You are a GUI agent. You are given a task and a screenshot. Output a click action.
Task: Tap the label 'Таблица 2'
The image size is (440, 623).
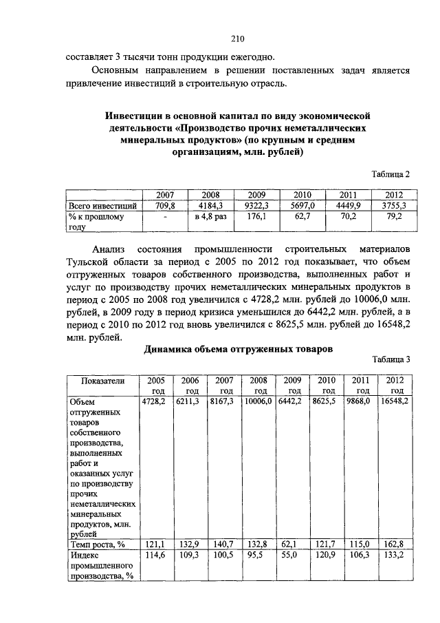point(390,174)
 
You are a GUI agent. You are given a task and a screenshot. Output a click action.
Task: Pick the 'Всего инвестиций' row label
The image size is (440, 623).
point(103,205)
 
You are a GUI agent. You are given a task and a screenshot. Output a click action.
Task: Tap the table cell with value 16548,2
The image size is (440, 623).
point(395,400)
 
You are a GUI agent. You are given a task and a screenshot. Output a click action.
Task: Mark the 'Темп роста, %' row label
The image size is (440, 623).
point(97,545)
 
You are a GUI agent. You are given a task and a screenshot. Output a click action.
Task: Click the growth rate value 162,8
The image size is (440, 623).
point(395,545)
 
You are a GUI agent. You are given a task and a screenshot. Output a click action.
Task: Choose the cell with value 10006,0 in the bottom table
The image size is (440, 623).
point(258,400)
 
